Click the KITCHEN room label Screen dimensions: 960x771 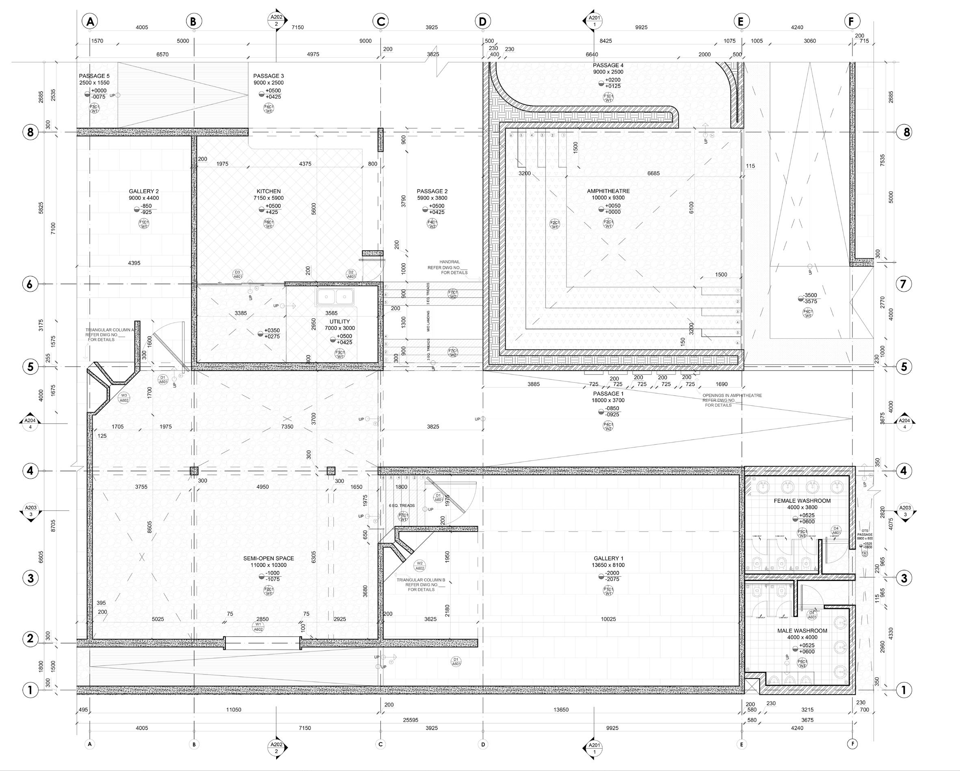point(268,191)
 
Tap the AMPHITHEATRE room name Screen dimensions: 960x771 point(608,191)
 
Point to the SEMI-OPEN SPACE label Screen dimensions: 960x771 point(268,558)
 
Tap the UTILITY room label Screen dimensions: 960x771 point(340,322)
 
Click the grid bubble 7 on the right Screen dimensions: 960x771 point(904,284)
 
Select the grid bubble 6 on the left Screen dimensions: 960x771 point(30,284)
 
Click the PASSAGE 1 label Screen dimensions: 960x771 point(605,394)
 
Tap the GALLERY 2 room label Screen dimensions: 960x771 point(144,191)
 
